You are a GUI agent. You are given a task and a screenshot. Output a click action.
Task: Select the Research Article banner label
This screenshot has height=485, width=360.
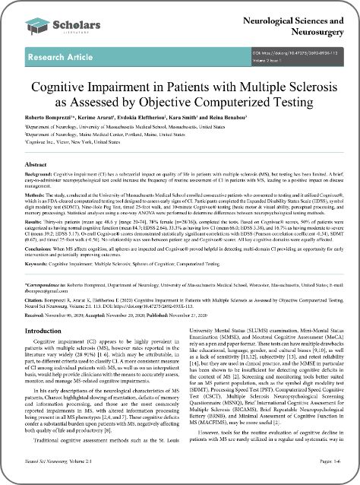55,57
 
